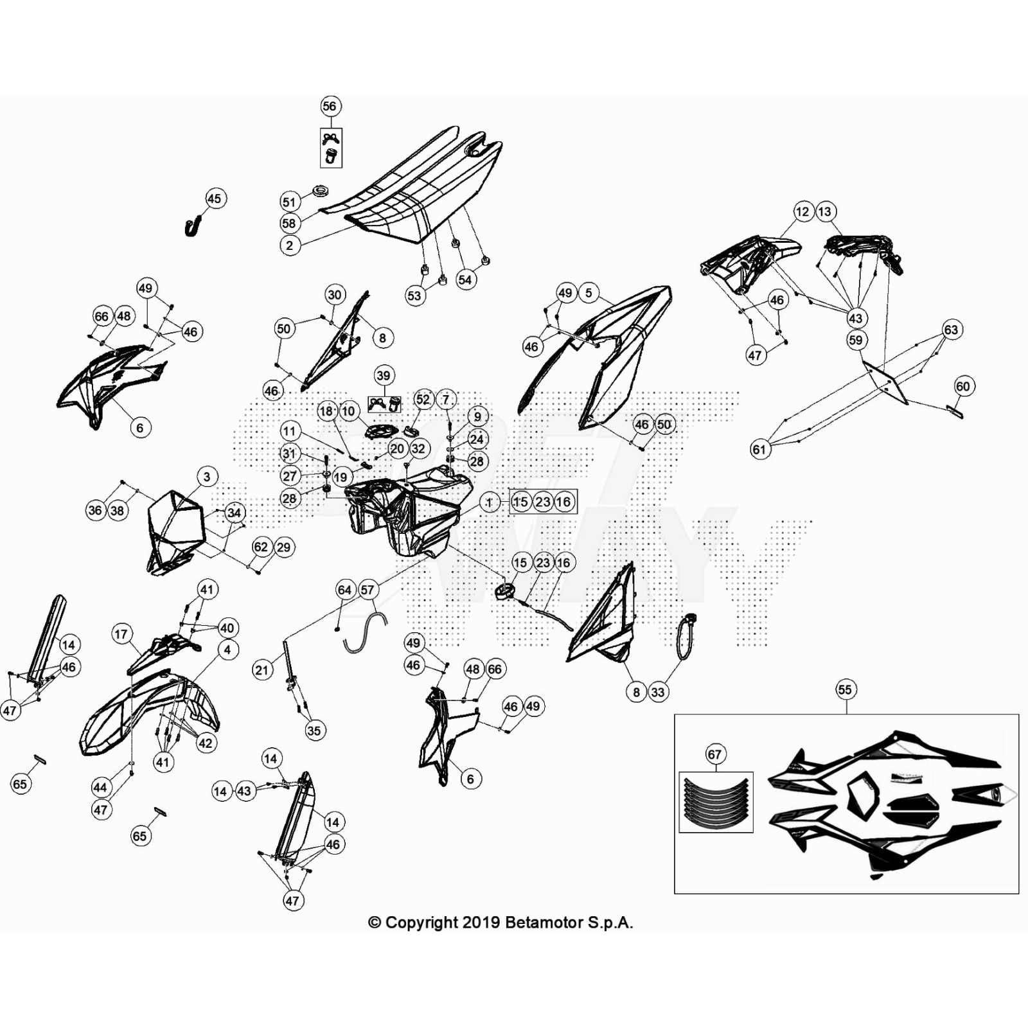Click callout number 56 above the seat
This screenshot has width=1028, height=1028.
[x=329, y=106]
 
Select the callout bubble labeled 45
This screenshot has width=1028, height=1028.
[x=214, y=199]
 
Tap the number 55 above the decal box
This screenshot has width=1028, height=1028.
[x=844, y=689]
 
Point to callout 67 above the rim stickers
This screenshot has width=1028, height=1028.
[x=714, y=754]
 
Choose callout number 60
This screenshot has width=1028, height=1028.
[x=962, y=386]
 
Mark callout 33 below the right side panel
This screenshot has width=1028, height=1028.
[x=657, y=692]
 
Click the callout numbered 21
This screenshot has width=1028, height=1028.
[x=261, y=670]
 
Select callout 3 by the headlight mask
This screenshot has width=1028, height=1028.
[x=206, y=477]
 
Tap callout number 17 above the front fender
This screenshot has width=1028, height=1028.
[x=121, y=634]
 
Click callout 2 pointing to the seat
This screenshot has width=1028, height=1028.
[x=289, y=245]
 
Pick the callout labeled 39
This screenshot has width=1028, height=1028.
[x=383, y=375]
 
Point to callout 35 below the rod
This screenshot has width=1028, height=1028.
[x=314, y=731]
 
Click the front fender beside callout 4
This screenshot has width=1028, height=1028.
[x=148, y=713]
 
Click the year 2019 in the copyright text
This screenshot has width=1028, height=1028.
[x=482, y=923]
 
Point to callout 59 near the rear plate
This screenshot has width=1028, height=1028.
[x=855, y=340]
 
